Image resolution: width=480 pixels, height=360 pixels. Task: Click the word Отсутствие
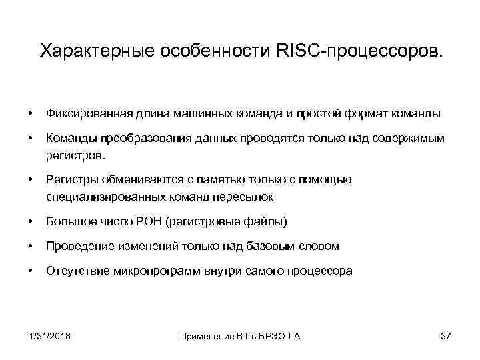pyautogui.click(x=75, y=271)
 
